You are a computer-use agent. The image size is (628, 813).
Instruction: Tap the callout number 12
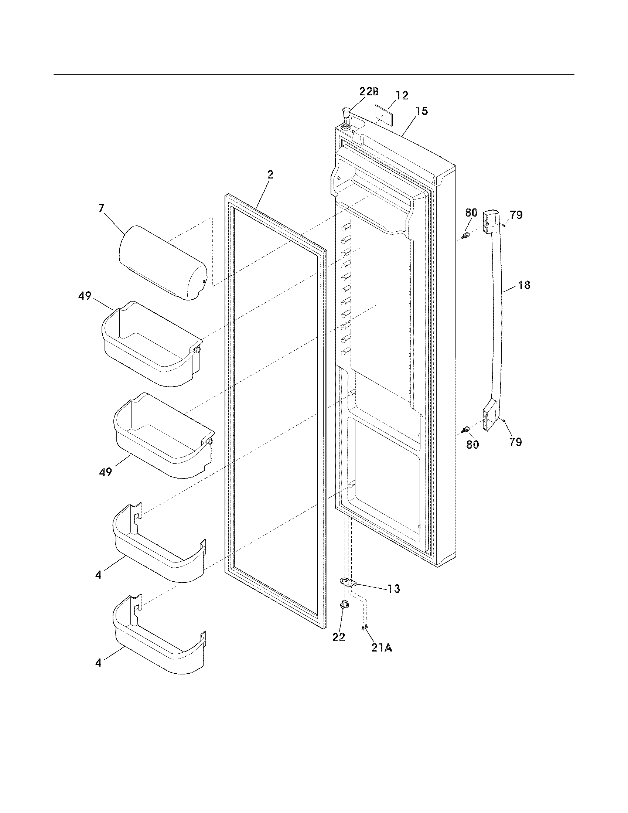click(402, 95)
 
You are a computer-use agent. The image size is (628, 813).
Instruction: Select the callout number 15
click(421, 111)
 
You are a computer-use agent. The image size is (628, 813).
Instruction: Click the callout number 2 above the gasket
click(270, 174)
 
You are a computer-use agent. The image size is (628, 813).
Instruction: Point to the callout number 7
click(102, 208)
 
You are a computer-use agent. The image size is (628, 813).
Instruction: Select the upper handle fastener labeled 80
click(465, 236)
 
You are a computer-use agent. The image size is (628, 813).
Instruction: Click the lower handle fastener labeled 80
click(465, 430)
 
